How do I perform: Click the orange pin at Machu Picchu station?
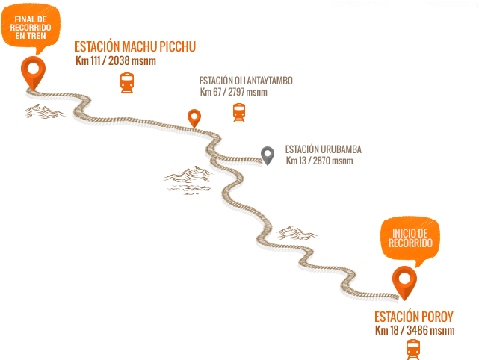31,70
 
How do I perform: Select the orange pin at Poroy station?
405,281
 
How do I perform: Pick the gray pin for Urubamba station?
268,155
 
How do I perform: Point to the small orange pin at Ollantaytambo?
194,117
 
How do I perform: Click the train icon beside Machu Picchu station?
127,82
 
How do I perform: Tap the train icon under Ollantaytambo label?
238,112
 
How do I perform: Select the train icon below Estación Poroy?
412,348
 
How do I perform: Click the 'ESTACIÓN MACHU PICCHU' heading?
135,47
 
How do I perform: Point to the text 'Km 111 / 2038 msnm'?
116,61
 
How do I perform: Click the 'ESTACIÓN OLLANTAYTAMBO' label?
245,80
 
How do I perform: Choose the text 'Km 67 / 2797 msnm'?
233,92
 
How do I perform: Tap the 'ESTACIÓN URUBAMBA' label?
318,149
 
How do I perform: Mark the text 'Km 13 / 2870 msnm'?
319,161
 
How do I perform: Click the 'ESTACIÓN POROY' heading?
413,316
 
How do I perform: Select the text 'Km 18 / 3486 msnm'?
415,330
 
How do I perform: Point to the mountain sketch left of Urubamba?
187,176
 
